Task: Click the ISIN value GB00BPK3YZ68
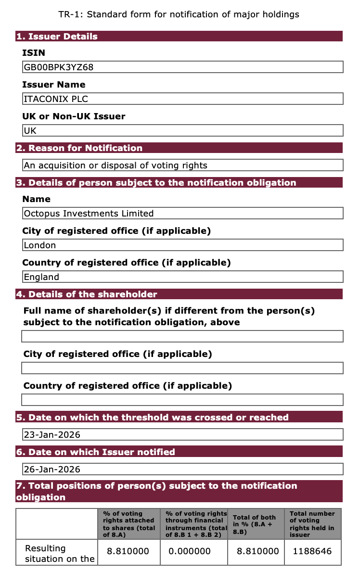(x=59, y=67)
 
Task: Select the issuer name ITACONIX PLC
(x=56, y=99)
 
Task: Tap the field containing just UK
(x=30, y=131)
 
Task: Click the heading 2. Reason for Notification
(x=79, y=148)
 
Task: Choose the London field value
(x=40, y=245)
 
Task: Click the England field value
(x=42, y=277)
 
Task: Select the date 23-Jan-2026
(x=52, y=435)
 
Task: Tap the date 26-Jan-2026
(x=52, y=470)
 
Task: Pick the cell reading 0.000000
(x=190, y=551)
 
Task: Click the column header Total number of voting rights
(x=312, y=524)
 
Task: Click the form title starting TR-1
(x=179, y=14)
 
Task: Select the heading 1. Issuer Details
(x=57, y=37)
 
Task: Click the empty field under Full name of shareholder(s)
(x=182, y=336)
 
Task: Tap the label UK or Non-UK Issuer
(x=74, y=116)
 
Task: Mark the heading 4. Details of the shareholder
(x=87, y=294)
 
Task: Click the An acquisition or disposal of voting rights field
(x=116, y=165)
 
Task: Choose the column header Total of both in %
(x=255, y=524)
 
